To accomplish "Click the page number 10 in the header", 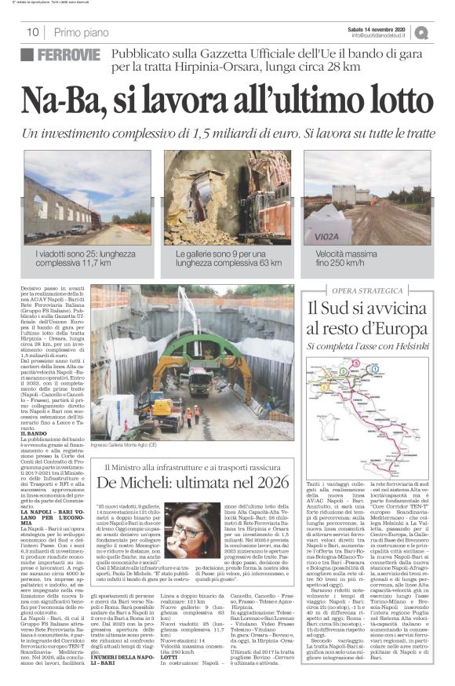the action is (33, 33).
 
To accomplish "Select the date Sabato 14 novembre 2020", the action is (380, 28).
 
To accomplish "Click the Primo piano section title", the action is (82, 33).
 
